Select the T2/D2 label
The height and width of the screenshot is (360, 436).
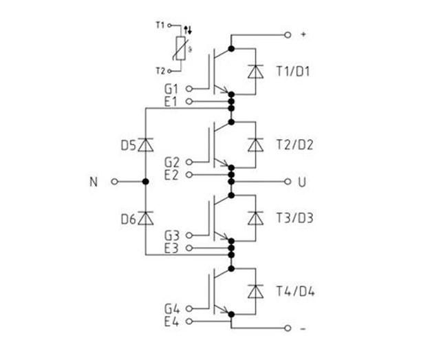point(292,145)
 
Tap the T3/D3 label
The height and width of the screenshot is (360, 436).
point(292,218)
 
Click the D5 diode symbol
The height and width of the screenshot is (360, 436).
point(145,145)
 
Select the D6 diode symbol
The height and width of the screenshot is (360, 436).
point(145,218)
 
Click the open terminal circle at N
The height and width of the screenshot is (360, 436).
point(115,182)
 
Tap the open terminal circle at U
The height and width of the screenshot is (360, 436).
point(285,182)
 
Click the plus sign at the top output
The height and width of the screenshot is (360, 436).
point(303,33)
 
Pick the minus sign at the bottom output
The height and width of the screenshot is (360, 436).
point(303,328)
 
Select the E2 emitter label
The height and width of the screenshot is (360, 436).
point(172,175)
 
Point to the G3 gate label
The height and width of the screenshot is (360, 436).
point(172,236)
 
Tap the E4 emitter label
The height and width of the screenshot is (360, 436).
point(172,321)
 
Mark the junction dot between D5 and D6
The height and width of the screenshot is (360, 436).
point(145,182)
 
